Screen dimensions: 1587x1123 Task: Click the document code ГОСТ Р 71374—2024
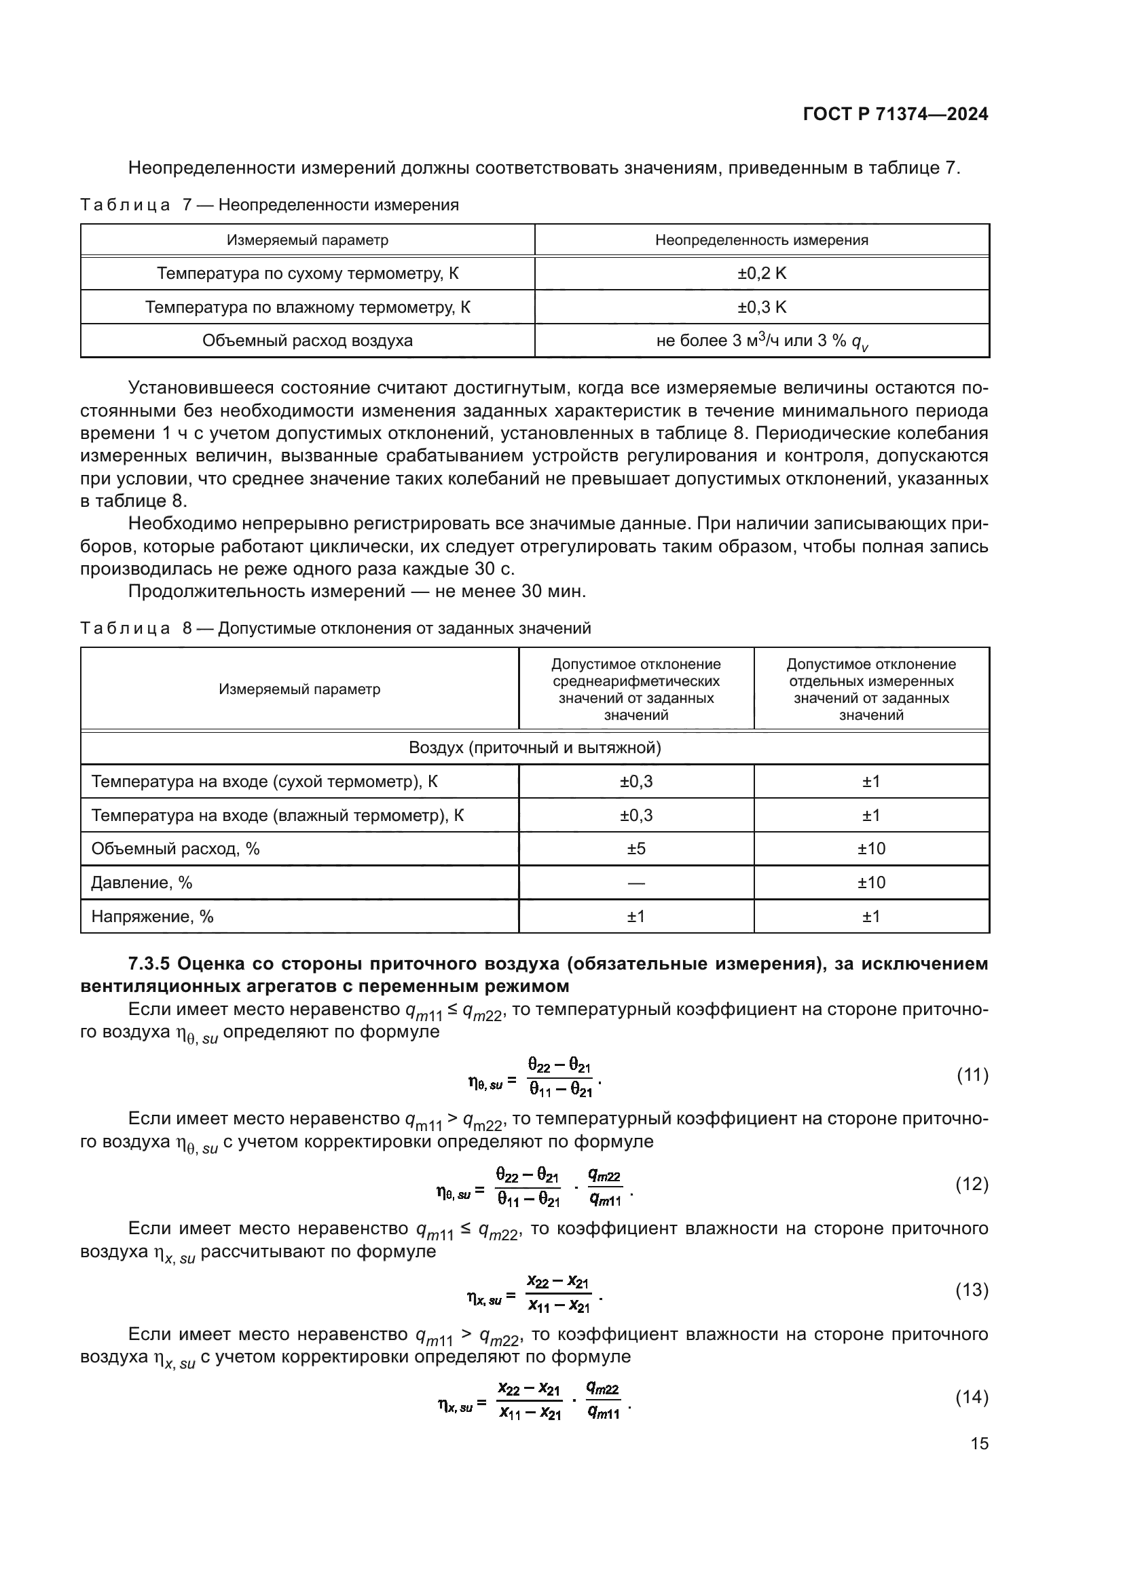click(x=896, y=115)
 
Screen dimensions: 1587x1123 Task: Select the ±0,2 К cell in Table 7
click(x=761, y=273)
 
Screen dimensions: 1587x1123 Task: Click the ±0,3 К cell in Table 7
click(x=761, y=307)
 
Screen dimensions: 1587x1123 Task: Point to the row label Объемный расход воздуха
click(x=307, y=341)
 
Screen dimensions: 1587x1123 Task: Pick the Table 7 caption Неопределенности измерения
click(x=338, y=205)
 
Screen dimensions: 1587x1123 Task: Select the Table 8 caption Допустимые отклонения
click(x=404, y=628)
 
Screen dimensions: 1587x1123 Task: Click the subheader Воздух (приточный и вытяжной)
click(x=534, y=748)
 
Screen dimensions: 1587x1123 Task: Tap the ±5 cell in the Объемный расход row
click(x=636, y=849)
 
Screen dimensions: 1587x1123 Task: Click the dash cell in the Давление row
click(x=636, y=883)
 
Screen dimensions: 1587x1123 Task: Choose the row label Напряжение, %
click(x=152, y=917)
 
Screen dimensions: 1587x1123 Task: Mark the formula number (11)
click(x=972, y=1075)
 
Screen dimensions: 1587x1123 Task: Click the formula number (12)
click(x=972, y=1184)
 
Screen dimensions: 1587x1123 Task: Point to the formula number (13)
click(x=972, y=1290)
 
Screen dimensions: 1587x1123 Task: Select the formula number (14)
click(x=972, y=1397)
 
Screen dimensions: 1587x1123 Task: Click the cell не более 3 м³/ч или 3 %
click(x=761, y=341)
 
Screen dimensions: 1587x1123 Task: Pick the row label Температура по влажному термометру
click(x=307, y=307)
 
